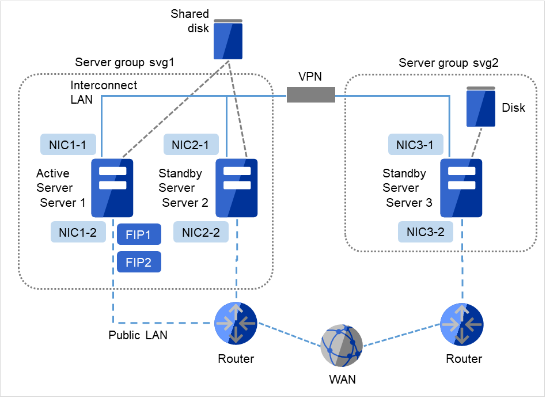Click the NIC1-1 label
click(68, 145)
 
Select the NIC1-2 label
click(78, 233)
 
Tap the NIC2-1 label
click(191, 145)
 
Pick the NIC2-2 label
click(201, 233)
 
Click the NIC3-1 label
click(415, 145)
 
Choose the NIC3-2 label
click(425, 233)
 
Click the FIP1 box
click(139, 235)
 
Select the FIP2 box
click(139, 262)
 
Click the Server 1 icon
click(113, 188)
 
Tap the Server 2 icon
click(236, 188)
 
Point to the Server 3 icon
click(461, 188)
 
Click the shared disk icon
click(228, 39)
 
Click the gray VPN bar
click(311, 94)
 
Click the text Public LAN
click(138, 335)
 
